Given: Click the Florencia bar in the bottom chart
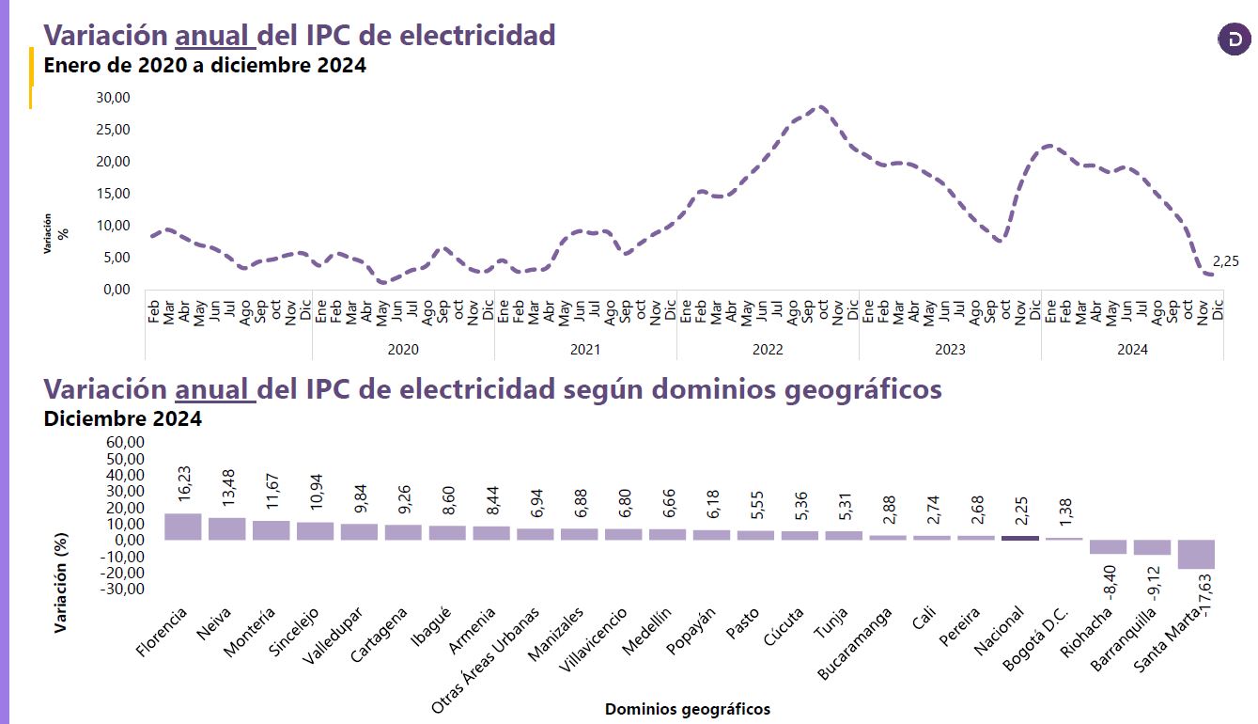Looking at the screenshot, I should tap(182, 527).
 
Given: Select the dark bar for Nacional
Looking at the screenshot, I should tap(1020, 538).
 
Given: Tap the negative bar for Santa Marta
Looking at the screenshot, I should tap(1197, 554).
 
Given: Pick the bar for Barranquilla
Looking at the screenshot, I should tap(1153, 547).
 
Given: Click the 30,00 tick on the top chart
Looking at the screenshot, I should tap(115, 98).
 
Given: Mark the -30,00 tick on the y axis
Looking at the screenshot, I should tap(122, 590).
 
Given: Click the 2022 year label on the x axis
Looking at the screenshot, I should tap(768, 349).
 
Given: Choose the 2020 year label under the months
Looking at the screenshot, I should tap(403, 349).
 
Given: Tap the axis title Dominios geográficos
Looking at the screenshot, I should tap(688, 709).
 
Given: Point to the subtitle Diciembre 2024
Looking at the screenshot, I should tap(123, 418).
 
